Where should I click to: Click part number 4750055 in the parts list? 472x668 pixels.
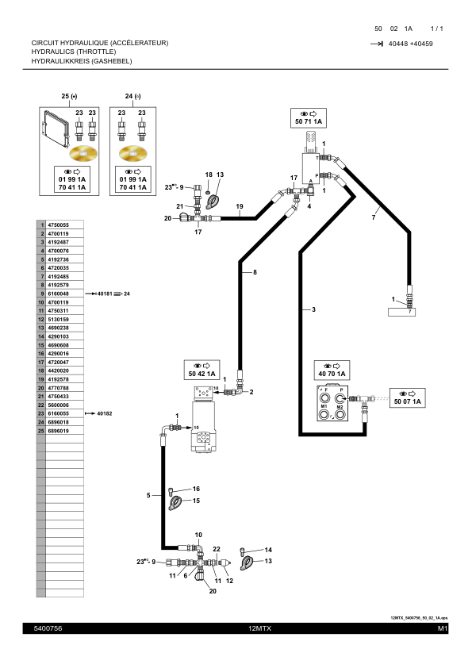point(59,225)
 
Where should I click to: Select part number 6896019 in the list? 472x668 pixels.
point(59,431)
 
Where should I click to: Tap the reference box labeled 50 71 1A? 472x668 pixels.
point(308,117)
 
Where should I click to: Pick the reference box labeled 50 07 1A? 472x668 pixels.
point(408,398)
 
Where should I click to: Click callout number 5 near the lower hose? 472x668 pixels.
point(148,496)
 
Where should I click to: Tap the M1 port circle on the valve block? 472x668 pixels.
point(324,417)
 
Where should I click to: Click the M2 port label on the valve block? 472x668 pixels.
point(340,406)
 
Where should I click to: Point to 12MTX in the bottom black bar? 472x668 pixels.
point(259,628)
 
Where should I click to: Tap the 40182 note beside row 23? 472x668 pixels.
point(105,413)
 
